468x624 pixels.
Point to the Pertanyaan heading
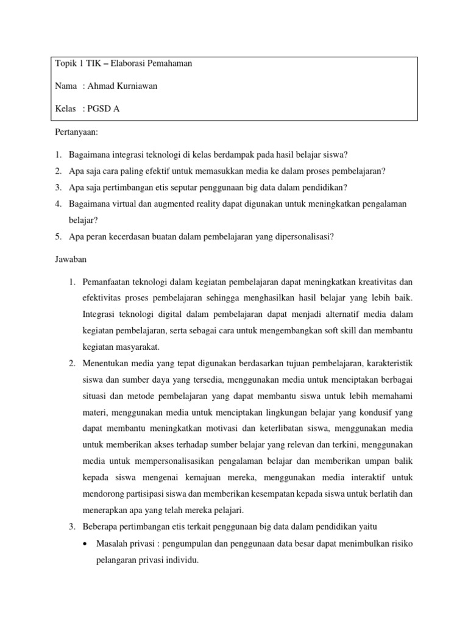click(x=76, y=132)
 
